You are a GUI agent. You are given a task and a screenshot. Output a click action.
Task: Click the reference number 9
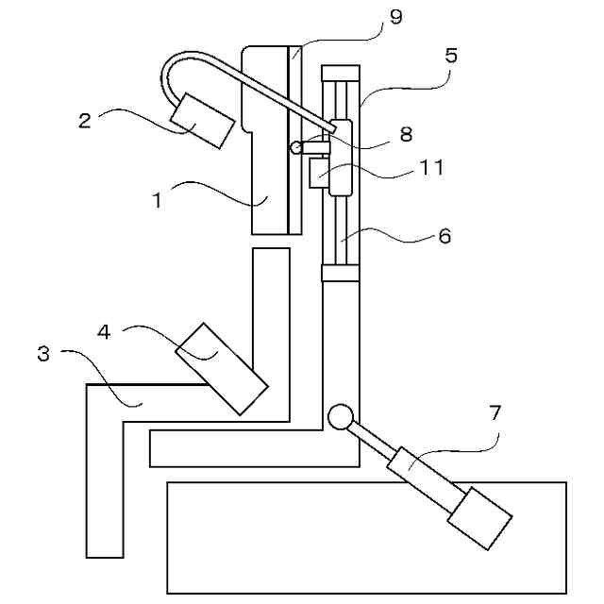click(x=395, y=18)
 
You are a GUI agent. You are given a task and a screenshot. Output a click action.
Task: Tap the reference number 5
click(x=450, y=56)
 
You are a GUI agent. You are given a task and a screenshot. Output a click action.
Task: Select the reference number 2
click(x=84, y=120)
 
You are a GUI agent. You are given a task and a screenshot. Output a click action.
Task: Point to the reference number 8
click(x=406, y=134)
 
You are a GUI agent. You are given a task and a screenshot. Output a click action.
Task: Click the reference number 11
click(x=432, y=167)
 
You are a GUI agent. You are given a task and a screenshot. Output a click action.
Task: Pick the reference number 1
click(x=159, y=199)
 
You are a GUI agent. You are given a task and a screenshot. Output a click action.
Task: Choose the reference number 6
click(x=445, y=236)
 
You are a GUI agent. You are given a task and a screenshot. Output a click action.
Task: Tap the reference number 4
click(x=105, y=331)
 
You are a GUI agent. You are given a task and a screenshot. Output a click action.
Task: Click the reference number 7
click(x=495, y=412)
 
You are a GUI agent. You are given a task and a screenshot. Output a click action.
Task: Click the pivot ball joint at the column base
click(x=340, y=415)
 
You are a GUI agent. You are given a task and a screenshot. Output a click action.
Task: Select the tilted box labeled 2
click(x=202, y=121)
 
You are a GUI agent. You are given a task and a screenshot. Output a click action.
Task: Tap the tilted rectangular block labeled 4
click(x=221, y=368)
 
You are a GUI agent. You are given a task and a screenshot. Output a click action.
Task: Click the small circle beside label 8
click(x=298, y=146)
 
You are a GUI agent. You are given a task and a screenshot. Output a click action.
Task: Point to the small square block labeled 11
click(x=318, y=173)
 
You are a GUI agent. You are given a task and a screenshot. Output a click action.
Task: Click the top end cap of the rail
click(x=342, y=72)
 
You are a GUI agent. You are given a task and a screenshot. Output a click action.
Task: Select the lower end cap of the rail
click(x=342, y=273)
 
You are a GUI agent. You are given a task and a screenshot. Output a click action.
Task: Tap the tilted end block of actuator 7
click(x=478, y=518)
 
